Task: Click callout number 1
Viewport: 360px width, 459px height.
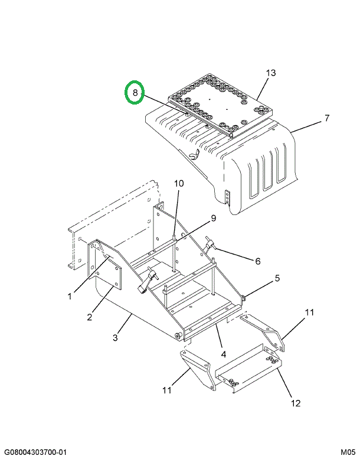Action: (x=70, y=296)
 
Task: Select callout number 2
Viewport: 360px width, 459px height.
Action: (x=90, y=317)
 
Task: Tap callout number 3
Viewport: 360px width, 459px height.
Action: (x=116, y=337)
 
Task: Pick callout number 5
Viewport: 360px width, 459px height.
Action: (x=276, y=278)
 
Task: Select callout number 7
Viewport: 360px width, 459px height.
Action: (x=326, y=119)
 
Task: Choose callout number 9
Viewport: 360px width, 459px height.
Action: (x=213, y=218)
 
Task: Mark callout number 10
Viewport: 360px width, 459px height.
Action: (x=178, y=184)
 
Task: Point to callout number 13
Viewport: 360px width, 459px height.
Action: (x=270, y=73)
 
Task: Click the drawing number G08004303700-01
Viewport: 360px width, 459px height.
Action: (x=37, y=452)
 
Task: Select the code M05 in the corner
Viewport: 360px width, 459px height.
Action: (x=348, y=452)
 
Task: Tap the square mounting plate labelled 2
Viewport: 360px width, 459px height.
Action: (x=107, y=277)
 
